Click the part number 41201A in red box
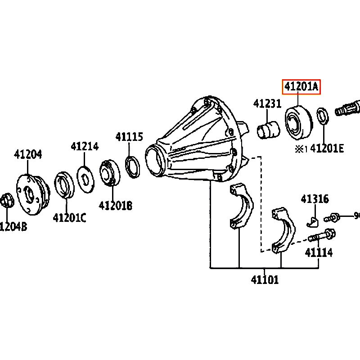pos(301,87)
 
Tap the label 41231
pos(267,103)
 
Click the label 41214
pos(85,146)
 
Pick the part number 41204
pos(28,154)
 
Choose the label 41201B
pos(115,206)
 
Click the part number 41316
pos(315,199)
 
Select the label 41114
pos(319,252)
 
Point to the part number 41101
pos(265,279)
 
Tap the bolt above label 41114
pos(320,235)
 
